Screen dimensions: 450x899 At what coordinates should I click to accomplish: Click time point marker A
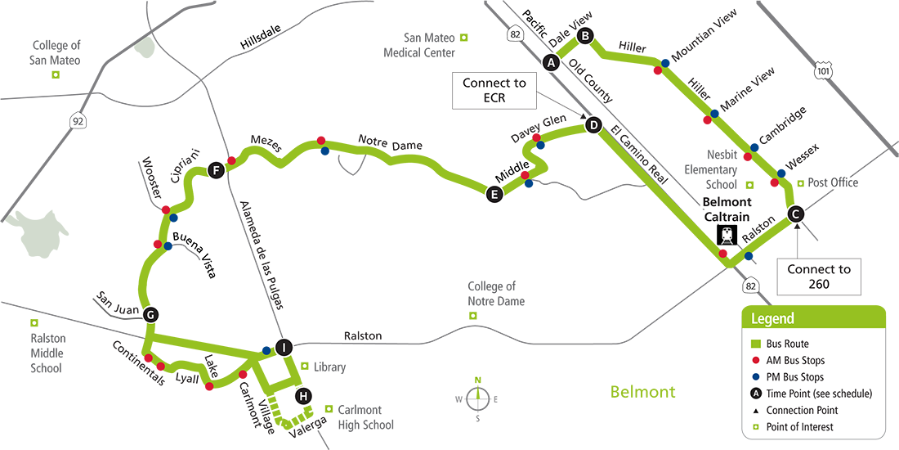pyautogui.click(x=551, y=62)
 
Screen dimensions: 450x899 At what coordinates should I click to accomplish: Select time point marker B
pyautogui.click(x=585, y=36)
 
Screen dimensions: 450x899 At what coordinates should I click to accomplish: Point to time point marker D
pyautogui.click(x=593, y=125)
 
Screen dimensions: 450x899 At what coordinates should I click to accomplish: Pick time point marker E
pyautogui.click(x=493, y=194)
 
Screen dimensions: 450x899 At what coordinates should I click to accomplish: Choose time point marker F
pyautogui.click(x=216, y=171)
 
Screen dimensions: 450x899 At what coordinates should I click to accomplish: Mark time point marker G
pyautogui.click(x=150, y=314)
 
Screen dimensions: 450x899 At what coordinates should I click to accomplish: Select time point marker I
pyautogui.click(x=283, y=348)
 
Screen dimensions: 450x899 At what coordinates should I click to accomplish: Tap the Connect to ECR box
pyautogui.click(x=494, y=91)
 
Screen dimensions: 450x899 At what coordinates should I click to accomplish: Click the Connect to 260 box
pyautogui.click(x=819, y=277)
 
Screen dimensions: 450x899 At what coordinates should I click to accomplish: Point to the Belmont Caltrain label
pyautogui.click(x=727, y=208)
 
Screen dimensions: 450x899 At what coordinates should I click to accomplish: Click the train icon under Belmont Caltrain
pyautogui.click(x=727, y=236)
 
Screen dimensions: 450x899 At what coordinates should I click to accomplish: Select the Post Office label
pyautogui.click(x=833, y=183)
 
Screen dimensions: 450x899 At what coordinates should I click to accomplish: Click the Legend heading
pyautogui.click(x=773, y=319)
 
